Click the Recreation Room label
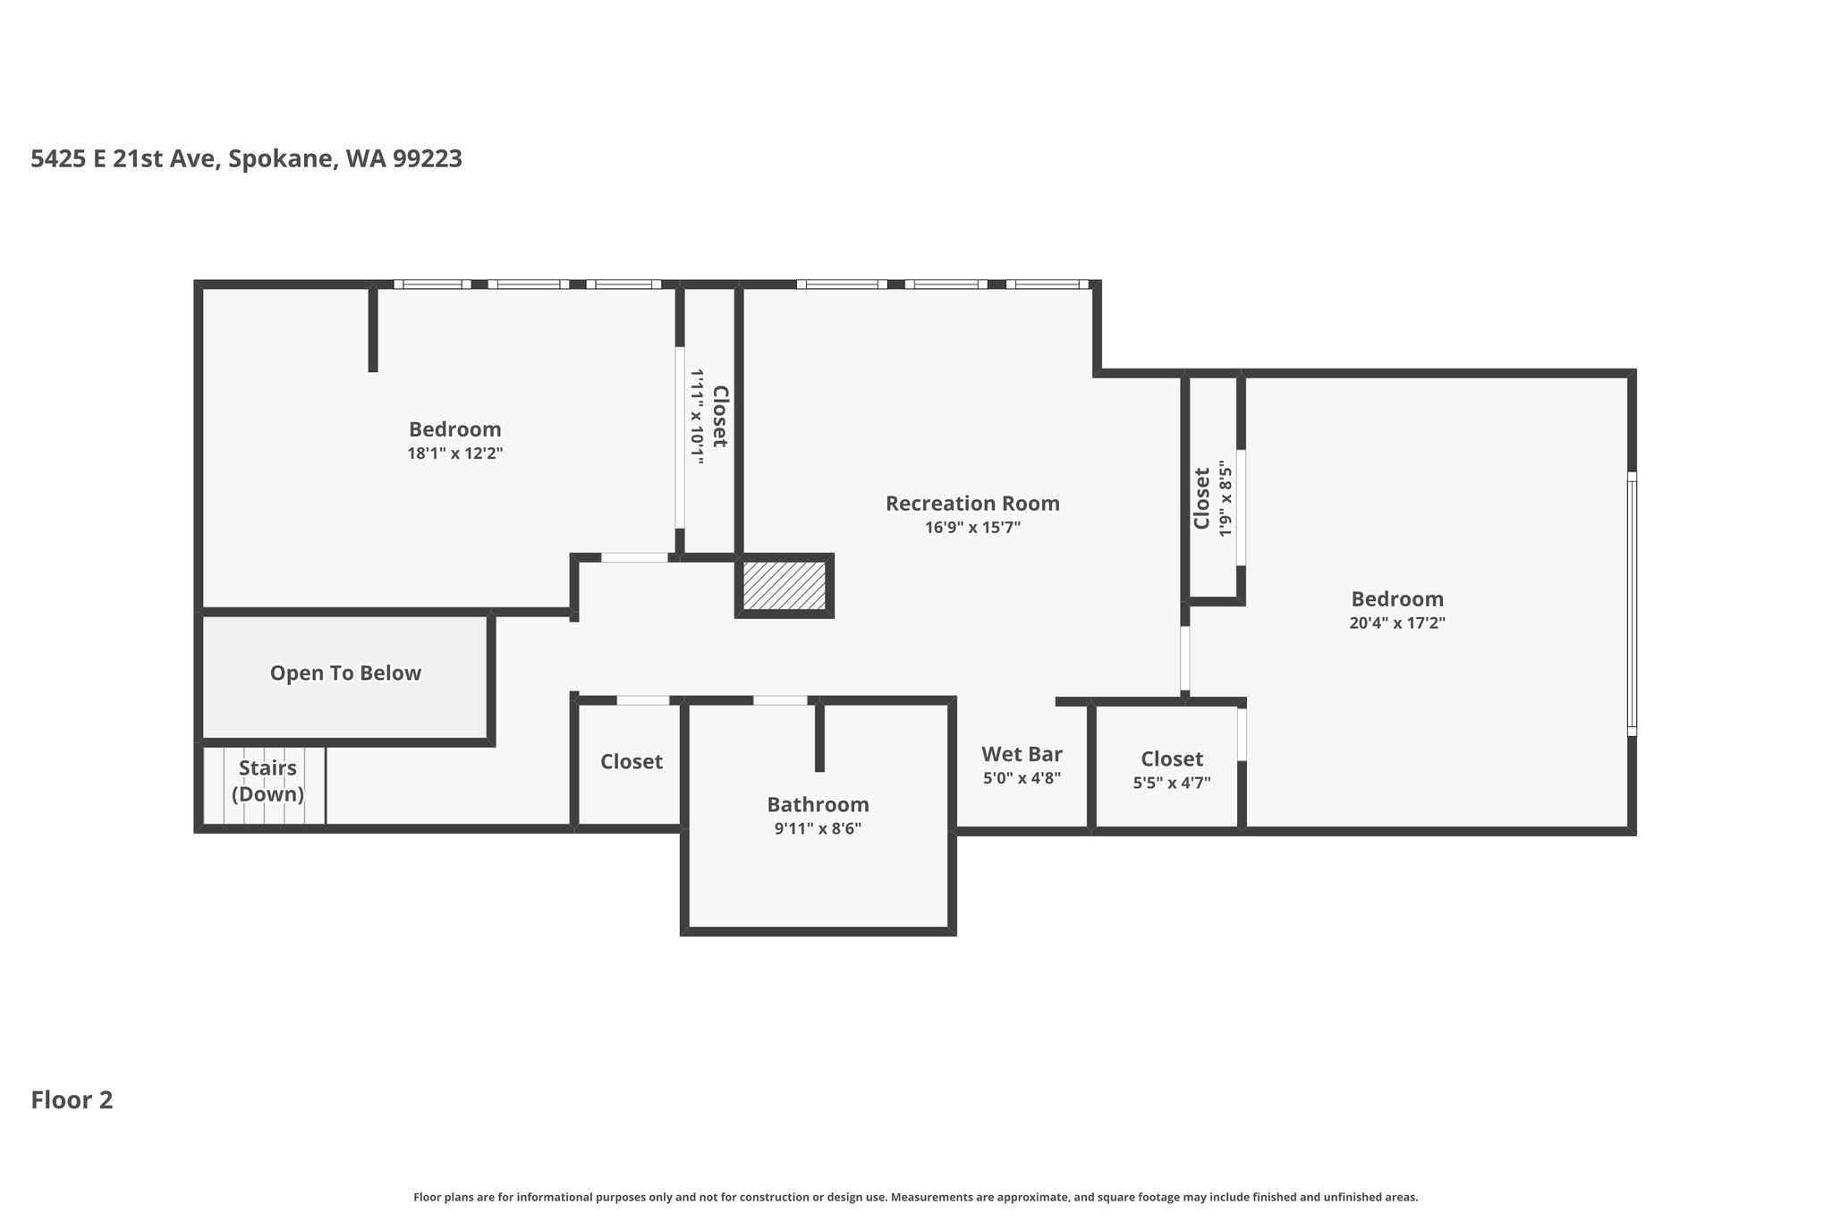click(972, 504)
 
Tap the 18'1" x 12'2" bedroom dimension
click(455, 454)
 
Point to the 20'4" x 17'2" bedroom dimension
click(1397, 623)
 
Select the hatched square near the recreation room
click(785, 586)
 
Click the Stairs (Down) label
click(267, 781)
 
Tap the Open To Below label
click(345, 674)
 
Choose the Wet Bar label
click(1022, 754)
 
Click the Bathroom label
click(818, 804)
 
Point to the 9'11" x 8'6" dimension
click(818, 828)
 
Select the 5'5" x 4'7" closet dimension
click(1172, 783)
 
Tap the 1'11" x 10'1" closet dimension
click(697, 416)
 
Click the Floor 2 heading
click(72, 1100)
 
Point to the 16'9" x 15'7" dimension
click(972, 528)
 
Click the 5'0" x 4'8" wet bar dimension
click(1022, 778)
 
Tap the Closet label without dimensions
click(632, 762)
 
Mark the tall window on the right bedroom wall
click(1632, 604)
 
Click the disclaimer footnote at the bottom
click(915, 1197)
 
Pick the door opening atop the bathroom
click(780, 700)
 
